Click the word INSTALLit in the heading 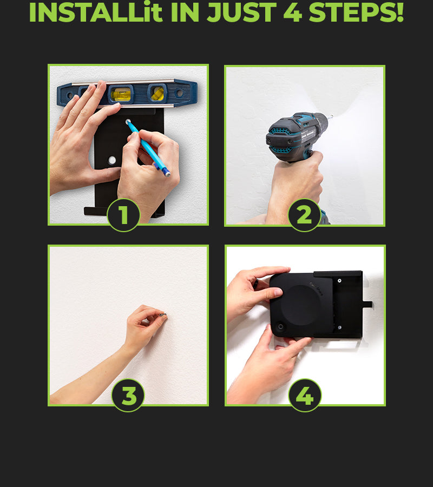click(x=96, y=12)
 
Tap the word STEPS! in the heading click(x=356, y=12)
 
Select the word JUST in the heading click(x=241, y=12)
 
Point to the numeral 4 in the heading click(x=292, y=12)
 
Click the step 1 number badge click(x=123, y=215)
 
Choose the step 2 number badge click(x=304, y=215)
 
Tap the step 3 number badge click(x=128, y=396)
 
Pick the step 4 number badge click(x=305, y=396)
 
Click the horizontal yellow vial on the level click(x=121, y=94)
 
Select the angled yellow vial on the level click(x=158, y=93)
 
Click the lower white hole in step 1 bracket click(x=112, y=160)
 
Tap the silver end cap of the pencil click(x=167, y=174)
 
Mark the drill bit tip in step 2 click(x=332, y=116)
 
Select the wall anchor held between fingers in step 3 click(x=163, y=315)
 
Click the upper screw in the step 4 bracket click(x=339, y=280)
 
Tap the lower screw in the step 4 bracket click(x=339, y=327)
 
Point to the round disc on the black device click(x=300, y=305)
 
